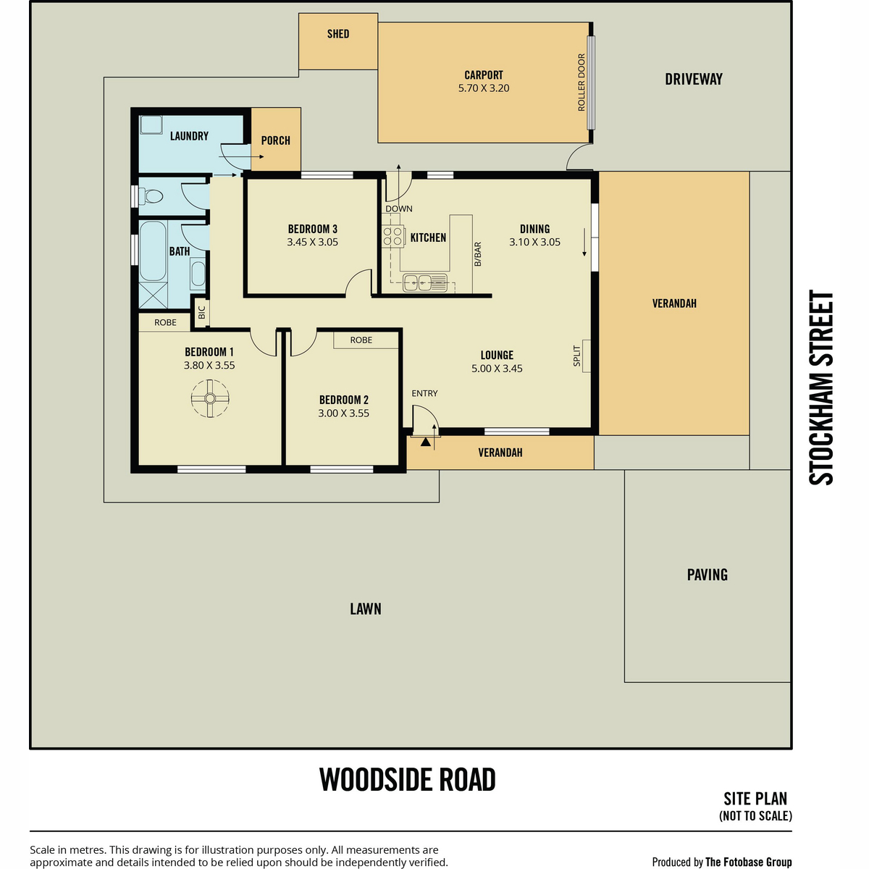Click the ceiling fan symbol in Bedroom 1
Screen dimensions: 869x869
coord(210,398)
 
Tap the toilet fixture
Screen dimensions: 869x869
coord(151,196)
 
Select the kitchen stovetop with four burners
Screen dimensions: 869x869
coord(392,237)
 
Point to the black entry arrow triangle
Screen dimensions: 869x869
coord(425,442)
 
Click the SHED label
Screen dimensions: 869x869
coord(338,34)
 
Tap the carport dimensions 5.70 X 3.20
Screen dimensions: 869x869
coord(484,88)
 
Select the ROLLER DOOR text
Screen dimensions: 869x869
coord(582,82)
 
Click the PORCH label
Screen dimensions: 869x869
coord(275,140)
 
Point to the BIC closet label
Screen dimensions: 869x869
coord(201,312)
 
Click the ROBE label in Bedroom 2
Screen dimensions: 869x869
coord(361,340)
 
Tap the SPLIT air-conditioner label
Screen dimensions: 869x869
coord(576,356)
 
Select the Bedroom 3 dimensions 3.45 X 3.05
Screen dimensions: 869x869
coord(313,242)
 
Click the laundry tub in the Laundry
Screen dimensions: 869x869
coord(151,125)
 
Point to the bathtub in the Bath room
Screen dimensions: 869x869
coord(152,251)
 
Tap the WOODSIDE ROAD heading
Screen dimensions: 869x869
coord(407,779)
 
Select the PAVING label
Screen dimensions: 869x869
coord(707,574)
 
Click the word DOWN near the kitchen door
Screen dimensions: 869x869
coord(398,209)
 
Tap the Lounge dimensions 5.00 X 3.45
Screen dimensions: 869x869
coord(497,369)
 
